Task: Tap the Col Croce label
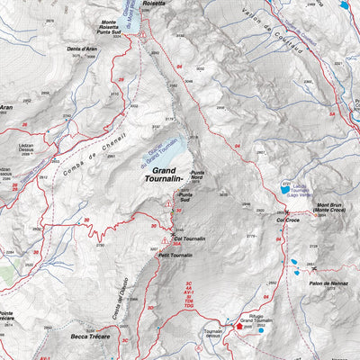pos(287,219)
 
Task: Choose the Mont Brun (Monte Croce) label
pos(334,210)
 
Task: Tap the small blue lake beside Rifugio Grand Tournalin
pos(261,330)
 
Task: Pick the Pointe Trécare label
pos(6,317)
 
